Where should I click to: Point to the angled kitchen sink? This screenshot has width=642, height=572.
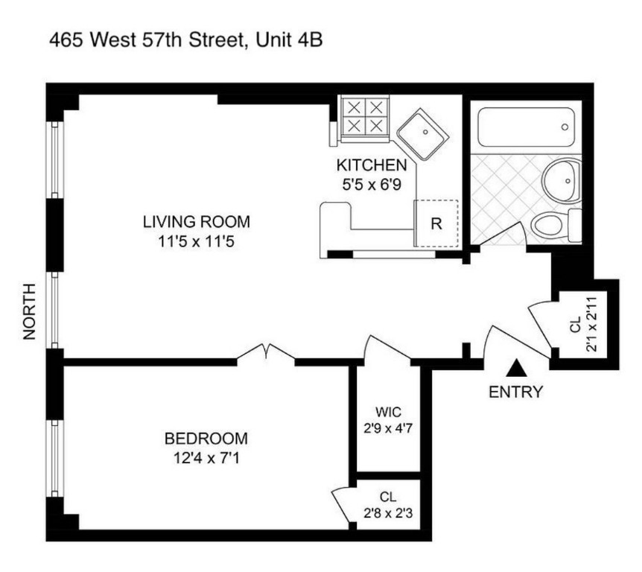point(422,134)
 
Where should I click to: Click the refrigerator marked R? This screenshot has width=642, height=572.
point(436,223)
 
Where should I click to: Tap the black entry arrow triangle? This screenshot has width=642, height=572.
point(516,367)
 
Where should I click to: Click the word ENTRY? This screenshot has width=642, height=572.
point(515,392)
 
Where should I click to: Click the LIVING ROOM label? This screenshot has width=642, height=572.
point(197,222)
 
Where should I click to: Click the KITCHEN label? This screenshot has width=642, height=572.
point(372,165)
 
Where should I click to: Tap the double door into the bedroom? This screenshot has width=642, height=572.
point(266,352)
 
